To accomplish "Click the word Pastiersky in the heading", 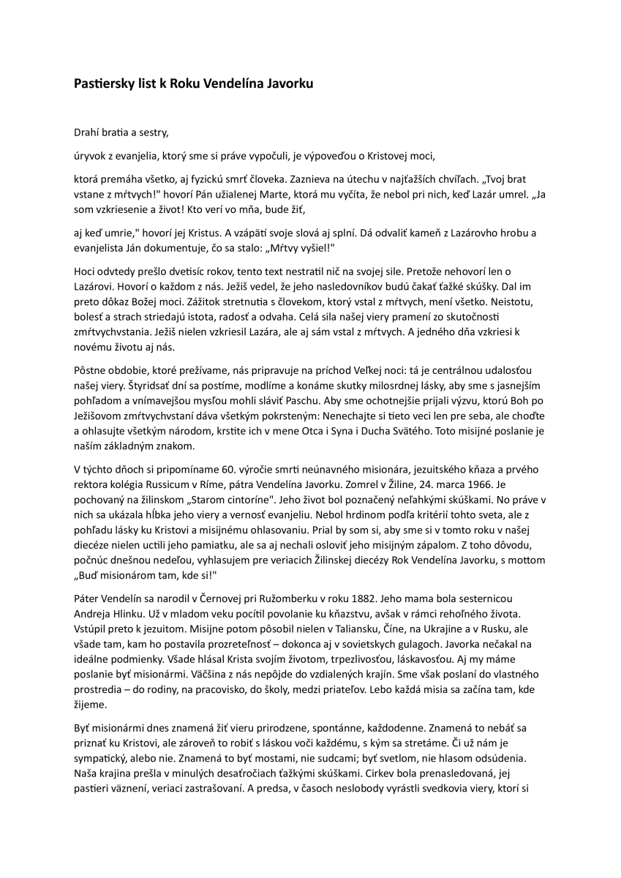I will pos(104,84).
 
